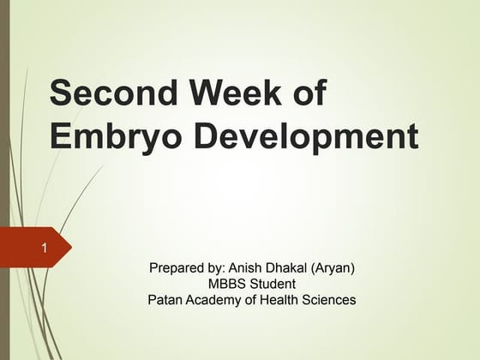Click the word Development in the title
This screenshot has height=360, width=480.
point(316,136)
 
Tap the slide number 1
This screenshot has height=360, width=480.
point(43,249)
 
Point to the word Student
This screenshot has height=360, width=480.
point(273,284)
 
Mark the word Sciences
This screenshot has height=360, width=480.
point(331,299)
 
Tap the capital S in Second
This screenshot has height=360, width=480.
point(63,93)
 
